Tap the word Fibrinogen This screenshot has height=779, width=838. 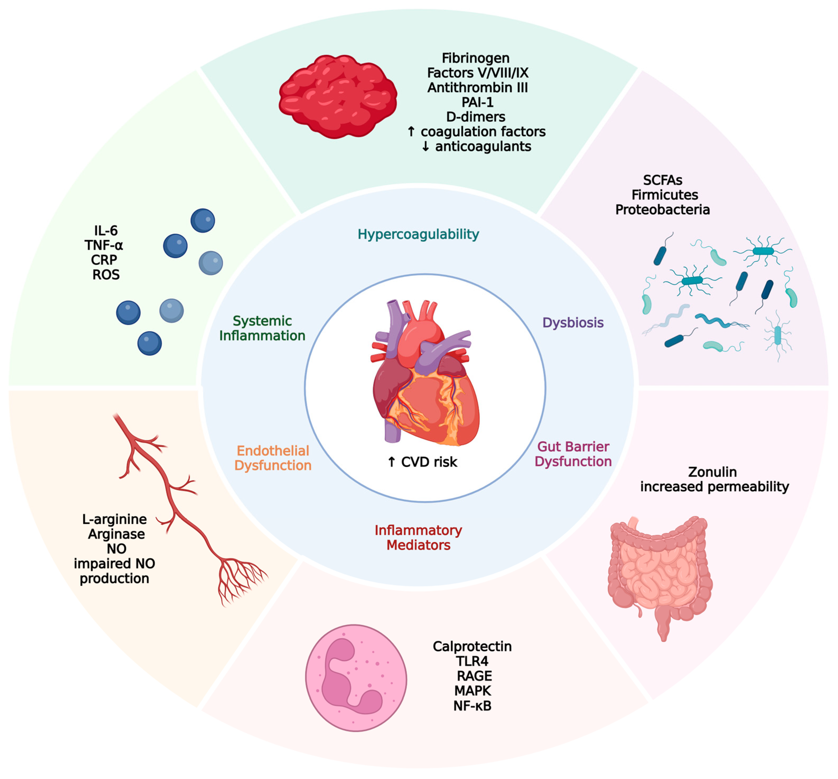pos(475,58)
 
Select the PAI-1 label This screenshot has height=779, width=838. pos(477,102)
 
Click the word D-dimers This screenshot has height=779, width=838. pos(475,117)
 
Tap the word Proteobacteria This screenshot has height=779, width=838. pos(662,209)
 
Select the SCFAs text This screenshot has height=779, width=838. pos(662,180)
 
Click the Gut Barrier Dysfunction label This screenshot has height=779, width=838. pos(573,454)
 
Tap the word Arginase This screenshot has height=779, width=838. pos(116,534)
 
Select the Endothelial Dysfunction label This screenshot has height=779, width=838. pos(273,458)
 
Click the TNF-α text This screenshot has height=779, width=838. pos(104,245)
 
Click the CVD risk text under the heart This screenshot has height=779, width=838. pos(428,462)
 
